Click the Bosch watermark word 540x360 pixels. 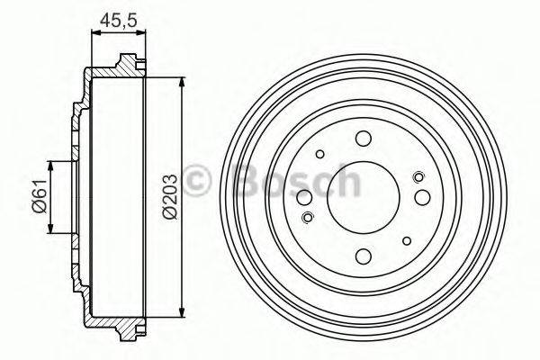tap(297, 181)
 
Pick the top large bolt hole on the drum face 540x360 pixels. tap(363, 138)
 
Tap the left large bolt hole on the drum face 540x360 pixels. tap(304, 197)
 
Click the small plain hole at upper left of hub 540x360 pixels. tap(319, 153)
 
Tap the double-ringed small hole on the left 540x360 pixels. tap(308, 216)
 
